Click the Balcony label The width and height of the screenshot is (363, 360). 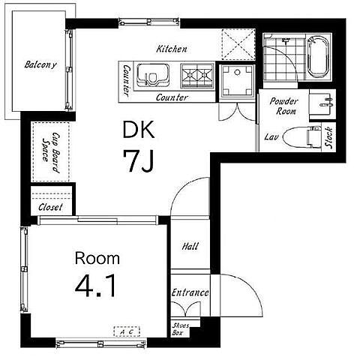pos(40,64)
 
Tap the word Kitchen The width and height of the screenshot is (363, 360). pos(172,49)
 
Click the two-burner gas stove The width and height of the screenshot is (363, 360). pos(197,75)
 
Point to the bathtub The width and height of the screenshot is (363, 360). pos(318,56)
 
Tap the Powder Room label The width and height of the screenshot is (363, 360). pos(284,106)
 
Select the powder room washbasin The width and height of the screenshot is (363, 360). pos(322,103)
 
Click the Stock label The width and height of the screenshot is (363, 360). pos(328,137)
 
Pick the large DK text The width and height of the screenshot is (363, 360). pos(139,130)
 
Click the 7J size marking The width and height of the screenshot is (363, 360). pos(138,160)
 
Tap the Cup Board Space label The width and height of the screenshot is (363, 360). pos(51,153)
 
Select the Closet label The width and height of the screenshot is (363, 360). pos(50,207)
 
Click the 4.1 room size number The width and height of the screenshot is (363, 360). pos(96,286)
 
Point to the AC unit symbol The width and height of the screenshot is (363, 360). pos(127,331)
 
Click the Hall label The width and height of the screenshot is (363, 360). pos(190,246)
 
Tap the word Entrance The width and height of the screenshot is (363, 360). pos(190,292)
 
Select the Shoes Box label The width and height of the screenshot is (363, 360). pos(180,329)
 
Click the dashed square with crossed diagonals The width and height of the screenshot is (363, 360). pos(238,45)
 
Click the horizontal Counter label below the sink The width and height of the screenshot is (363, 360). pos(172,97)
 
